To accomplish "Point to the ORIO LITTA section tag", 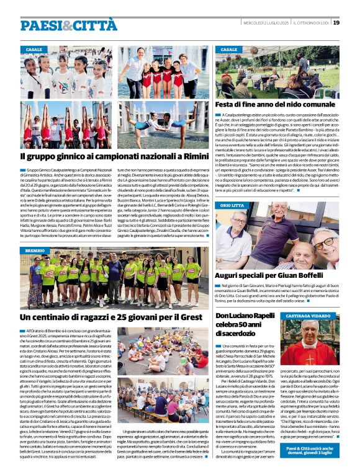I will (x=232, y=205).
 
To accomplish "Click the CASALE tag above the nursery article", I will (x=229, y=49).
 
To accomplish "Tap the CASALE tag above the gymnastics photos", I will (x=34, y=49).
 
